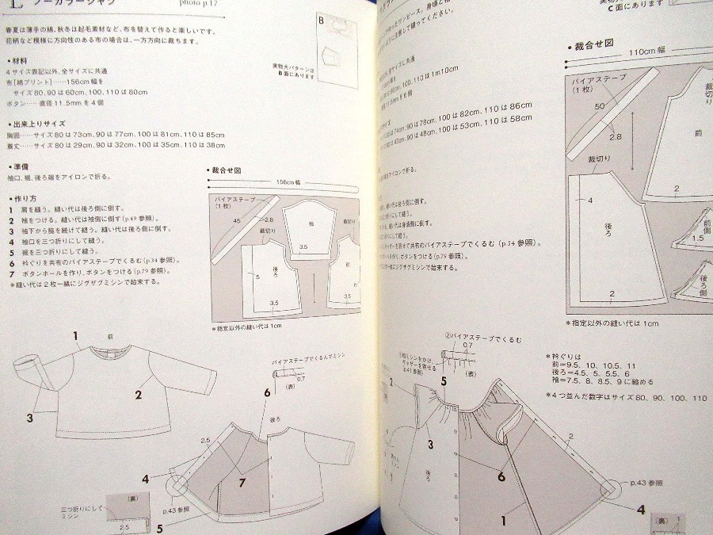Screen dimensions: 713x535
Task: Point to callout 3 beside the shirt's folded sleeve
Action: click(x=29, y=417)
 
